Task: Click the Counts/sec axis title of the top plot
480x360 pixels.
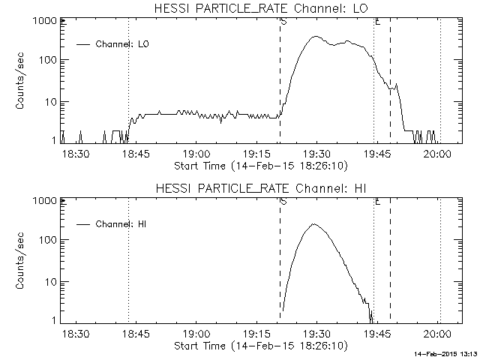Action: pyautogui.click(x=21, y=81)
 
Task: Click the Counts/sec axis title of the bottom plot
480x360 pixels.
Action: pyautogui.click(x=21, y=261)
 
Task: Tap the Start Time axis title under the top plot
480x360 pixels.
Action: pyautogui.click(x=259, y=165)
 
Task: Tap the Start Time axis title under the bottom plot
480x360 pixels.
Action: pyautogui.click(x=259, y=345)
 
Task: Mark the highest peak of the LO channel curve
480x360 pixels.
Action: pyautogui.click(x=316, y=36)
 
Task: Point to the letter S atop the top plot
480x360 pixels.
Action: pyautogui.click(x=283, y=22)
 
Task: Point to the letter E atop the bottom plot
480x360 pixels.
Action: pyautogui.click(x=377, y=202)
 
